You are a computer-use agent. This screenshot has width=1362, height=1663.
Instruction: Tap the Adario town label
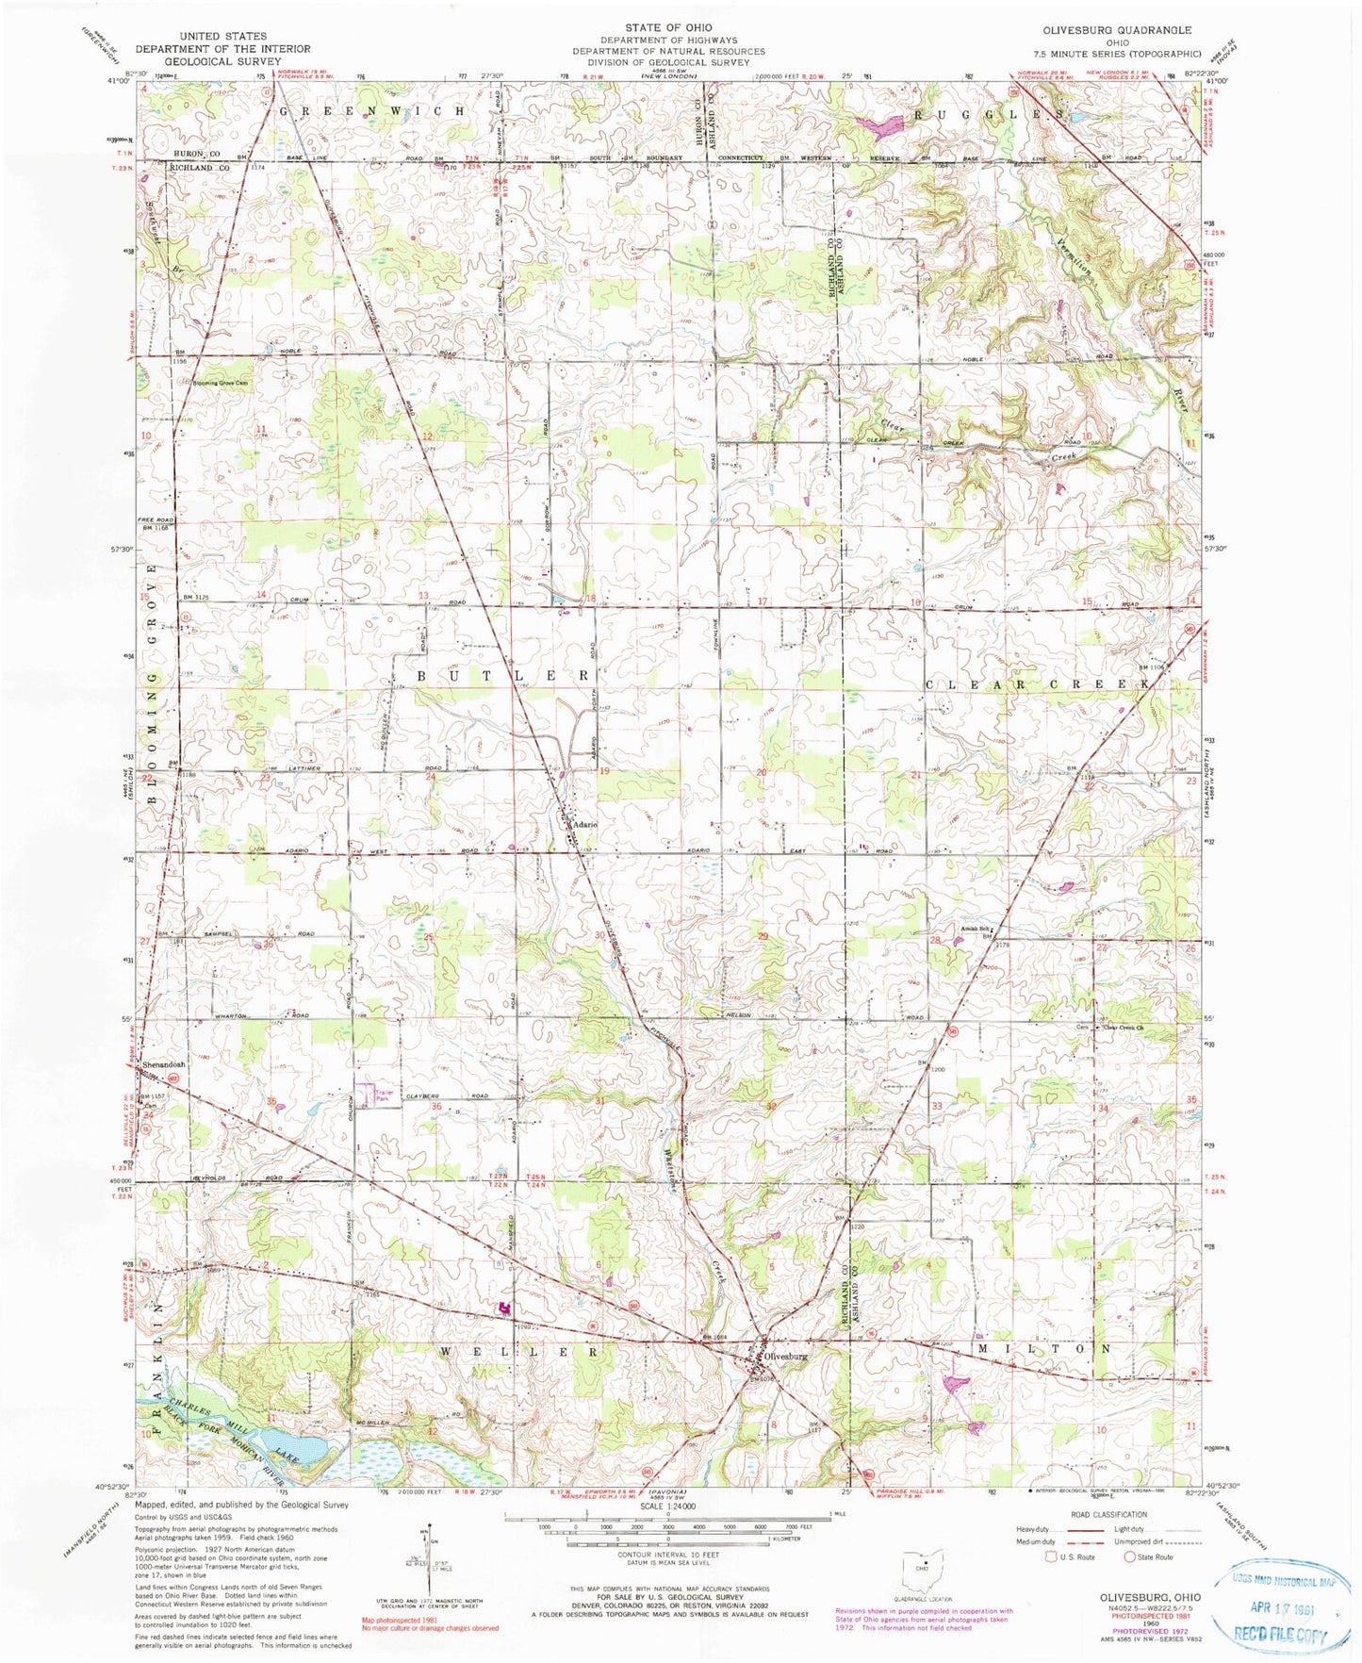point(583,824)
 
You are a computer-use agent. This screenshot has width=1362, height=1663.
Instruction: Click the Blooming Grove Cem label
point(221,383)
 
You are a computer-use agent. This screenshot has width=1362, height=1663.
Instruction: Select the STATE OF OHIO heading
point(668,27)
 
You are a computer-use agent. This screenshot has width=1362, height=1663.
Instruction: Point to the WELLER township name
point(519,1352)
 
